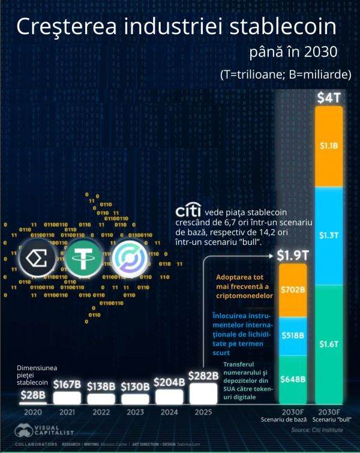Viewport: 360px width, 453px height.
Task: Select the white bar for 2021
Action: tap(67, 397)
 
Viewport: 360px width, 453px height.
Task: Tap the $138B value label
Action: tap(101, 386)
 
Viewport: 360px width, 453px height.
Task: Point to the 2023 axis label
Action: tap(135, 413)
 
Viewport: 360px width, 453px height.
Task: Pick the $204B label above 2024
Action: tap(169, 382)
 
